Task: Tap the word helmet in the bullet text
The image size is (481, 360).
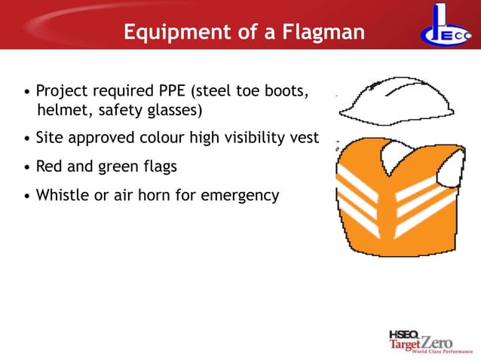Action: (62, 111)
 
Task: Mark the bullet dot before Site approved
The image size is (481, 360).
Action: (28, 139)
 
